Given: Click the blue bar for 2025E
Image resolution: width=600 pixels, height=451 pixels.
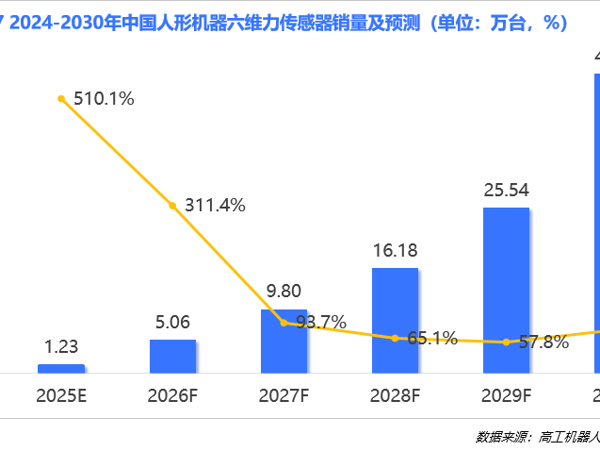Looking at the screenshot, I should point(61,368).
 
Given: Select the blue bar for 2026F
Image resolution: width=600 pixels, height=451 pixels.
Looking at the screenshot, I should point(172,356).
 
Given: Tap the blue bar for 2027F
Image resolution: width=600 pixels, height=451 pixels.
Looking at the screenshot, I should point(284,341).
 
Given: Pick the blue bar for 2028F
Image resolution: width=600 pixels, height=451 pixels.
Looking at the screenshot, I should point(395,320).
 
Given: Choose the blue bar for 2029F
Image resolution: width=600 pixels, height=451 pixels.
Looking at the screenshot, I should point(506,290).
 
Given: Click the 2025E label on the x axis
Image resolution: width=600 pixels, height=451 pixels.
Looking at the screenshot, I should point(61,395).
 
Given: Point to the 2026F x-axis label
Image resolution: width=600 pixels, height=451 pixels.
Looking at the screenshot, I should point(172,395).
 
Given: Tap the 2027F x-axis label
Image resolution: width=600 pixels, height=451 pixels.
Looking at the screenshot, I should point(284,395).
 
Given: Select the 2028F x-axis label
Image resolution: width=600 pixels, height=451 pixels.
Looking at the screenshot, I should point(395,395).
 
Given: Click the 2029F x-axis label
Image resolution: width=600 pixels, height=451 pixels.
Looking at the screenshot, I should point(506,395).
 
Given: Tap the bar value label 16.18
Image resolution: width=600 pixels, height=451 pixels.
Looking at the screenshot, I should point(395,251).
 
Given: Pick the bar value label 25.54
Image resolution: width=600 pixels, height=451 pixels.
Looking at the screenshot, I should point(506,190).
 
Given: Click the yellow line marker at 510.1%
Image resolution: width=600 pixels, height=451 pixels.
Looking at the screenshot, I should point(61,98).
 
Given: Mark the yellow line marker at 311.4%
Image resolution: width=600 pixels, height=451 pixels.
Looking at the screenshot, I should point(172,205).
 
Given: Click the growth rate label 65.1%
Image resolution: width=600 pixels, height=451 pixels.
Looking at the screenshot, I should point(432,337).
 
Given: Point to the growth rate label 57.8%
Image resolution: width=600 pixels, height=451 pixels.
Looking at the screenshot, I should point(543,342).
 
